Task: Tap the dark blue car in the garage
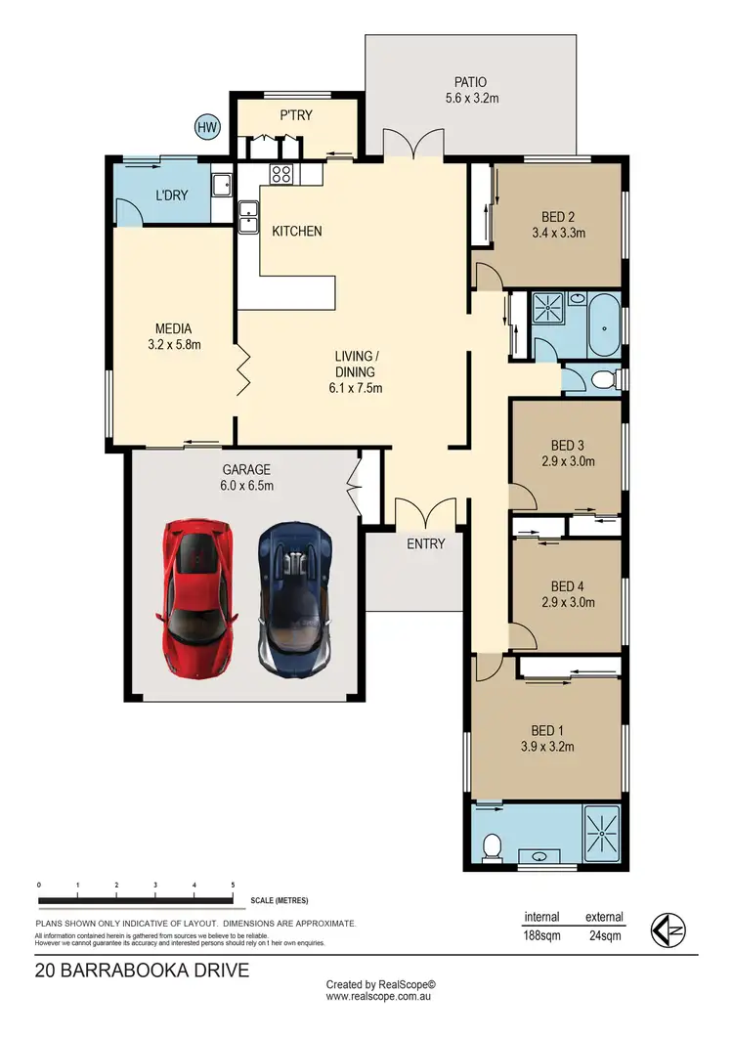[x=294, y=595]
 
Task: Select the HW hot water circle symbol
[x=207, y=126]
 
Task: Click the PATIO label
[x=470, y=82]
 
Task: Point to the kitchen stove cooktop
[x=282, y=175]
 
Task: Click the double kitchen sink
[x=247, y=216]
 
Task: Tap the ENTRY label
[x=425, y=543]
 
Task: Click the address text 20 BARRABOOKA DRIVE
[x=142, y=971]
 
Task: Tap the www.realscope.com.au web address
[x=380, y=997]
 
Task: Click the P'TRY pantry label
[x=296, y=115]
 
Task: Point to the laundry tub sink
[x=220, y=185]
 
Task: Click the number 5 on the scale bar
[x=233, y=885]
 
